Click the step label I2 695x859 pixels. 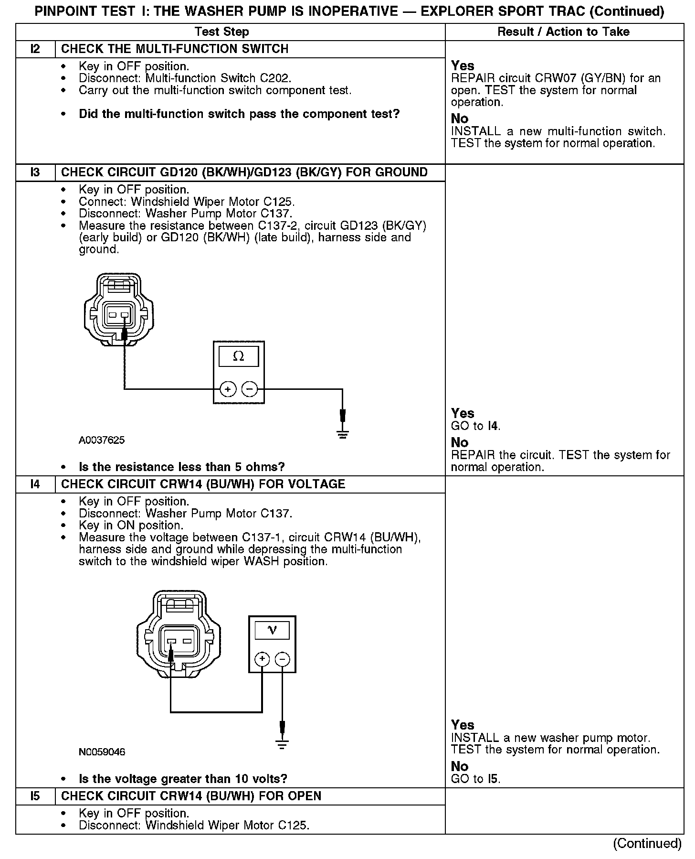pyautogui.click(x=35, y=49)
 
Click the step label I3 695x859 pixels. pyautogui.click(x=35, y=172)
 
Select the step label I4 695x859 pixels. pyautogui.click(x=35, y=484)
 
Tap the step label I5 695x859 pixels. pyautogui.click(x=35, y=796)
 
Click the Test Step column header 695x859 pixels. pyautogui.click(x=222, y=32)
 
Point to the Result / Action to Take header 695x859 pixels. pyautogui.click(x=563, y=32)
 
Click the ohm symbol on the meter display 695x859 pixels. pyautogui.click(x=238, y=356)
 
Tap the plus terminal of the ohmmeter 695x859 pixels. pyautogui.click(x=228, y=389)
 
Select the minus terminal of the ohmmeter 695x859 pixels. pyautogui.click(x=249, y=389)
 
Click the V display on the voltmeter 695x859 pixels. pyautogui.click(x=272, y=630)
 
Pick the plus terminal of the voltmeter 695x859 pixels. pyautogui.click(x=262, y=660)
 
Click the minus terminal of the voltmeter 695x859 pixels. pyautogui.click(x=283, y=660)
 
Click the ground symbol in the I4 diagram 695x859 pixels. pyautogui.click(x=282, y=744)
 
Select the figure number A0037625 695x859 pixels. pyautogui.click(x=102, y=440)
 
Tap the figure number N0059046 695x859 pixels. pyautogui.click(x=102, y=752)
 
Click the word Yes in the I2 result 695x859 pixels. pyautogui.click(x=463, y=65)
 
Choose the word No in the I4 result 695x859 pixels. pyautogui.click(x=460, y=766)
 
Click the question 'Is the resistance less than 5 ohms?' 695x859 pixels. pyautogui.click(x=181, y=467)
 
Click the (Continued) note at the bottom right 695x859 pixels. pyautogui.click(x=647, y=844)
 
